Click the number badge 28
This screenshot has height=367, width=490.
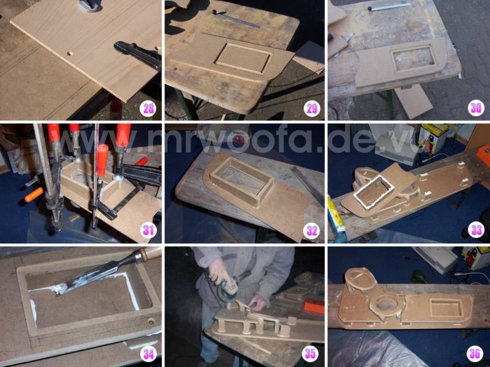coord(148,109)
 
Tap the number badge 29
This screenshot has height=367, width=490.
coord(312,109)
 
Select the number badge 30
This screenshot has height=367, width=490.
coord(476,108)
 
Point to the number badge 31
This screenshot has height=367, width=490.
coord(148,231)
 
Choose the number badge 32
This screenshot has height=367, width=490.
coord(311,231)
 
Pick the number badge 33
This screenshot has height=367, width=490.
coord(476,231)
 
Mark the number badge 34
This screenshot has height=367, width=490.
coord(148,354)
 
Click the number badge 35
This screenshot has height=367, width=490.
coord(311,354)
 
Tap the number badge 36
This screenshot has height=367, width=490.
coord(475,354)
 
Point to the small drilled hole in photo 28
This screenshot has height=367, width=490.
coord(70,53)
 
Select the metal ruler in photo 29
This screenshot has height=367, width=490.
coord(236,19)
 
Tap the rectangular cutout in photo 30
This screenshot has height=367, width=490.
coord(413,58)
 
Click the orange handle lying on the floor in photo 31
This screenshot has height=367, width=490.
coord(34,194)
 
